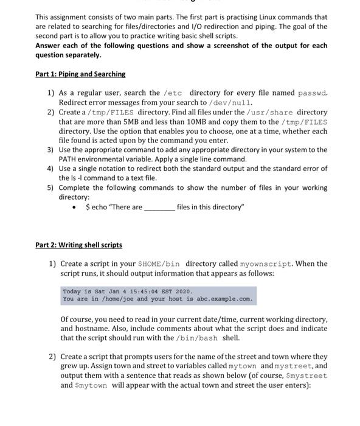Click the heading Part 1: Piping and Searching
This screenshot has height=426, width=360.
pos(80,74)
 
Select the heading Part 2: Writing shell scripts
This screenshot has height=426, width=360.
pos(78,245)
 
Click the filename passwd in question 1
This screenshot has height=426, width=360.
pos(313,93)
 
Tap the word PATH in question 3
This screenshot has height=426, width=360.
pos(67,159)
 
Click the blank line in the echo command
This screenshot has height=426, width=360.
pos(159,208)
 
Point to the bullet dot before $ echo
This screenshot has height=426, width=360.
pos(74,208)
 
